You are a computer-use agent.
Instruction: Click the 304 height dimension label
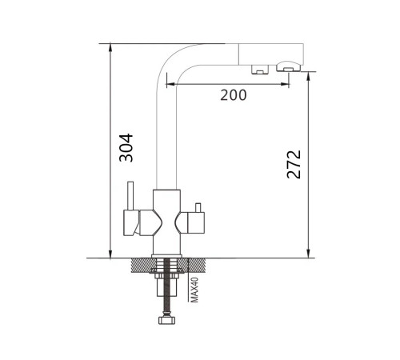tap(126, 148)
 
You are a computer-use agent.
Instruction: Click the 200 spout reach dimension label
tap(234, 95)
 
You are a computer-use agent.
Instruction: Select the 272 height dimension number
tap(294, 164)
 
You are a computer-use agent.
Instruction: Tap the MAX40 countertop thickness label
tap(195, 290)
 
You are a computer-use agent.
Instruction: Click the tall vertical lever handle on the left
tap(130, 196)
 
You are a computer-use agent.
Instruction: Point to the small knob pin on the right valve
tap(198, 208)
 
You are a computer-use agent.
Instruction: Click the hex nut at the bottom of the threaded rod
tap(167, 320)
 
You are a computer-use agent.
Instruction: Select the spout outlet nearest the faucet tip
tap(288, 66)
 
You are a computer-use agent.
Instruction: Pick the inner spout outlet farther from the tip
tap(260, 69)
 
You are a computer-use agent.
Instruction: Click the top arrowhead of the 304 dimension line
tap(110, 47)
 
